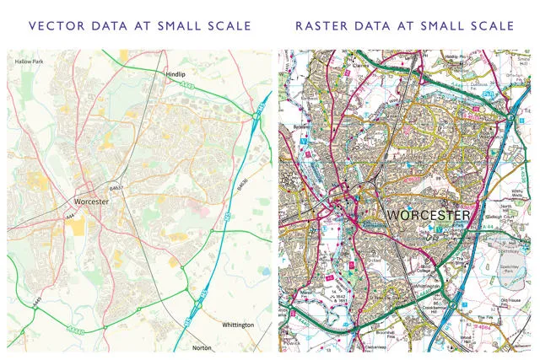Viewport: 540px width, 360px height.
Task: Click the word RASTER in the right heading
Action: point(320,26)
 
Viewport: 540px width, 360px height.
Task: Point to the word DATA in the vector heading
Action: point(109,26)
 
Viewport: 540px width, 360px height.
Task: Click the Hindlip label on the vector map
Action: point(175,75)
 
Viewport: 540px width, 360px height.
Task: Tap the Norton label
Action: point(202,347)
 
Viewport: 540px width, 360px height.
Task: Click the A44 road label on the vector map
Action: point(68,218)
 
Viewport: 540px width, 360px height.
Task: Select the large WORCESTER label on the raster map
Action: point(428,216)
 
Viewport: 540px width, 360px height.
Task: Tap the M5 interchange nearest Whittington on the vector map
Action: point(200,301)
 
